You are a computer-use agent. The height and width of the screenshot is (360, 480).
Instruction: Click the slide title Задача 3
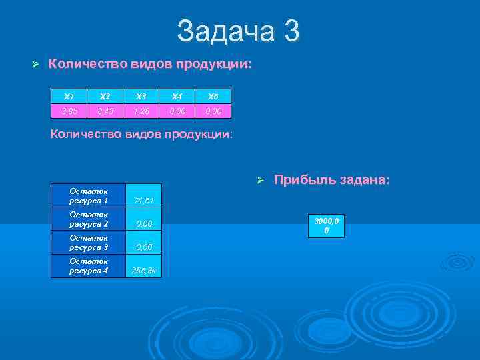(x=239, y=31)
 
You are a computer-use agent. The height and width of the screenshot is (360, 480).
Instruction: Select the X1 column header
(x=69, y=95)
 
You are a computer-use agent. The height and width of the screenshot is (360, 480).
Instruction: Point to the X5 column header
(x=213, y=95)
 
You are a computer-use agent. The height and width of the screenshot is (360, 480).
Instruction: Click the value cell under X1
(x=69, y=110)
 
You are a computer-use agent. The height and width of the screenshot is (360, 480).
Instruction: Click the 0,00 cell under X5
(x=213, y=110)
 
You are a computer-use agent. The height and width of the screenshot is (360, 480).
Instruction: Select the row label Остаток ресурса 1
(x=89, y=195)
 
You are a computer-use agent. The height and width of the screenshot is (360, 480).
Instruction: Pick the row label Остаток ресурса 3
(x=89, y=242)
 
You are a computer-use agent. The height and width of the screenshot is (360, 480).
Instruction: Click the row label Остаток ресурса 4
(x=89, y=265)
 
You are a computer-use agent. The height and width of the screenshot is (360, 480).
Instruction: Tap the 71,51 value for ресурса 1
(x=144, y=200)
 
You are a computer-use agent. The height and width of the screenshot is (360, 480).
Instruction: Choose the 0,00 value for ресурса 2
(x=144, y=224)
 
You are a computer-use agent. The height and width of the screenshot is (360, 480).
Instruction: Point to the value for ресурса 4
(x=144, y=271)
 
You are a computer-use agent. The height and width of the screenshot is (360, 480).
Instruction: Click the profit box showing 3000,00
(x=326, y=225)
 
